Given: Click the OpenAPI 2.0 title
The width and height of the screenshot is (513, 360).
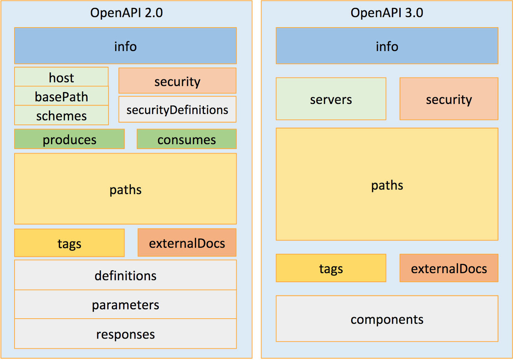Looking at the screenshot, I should (x=126, y=13).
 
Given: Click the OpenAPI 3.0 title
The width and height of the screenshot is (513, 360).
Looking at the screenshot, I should (x=387, y=13).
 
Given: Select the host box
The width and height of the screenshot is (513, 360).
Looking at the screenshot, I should (x=62, y=77).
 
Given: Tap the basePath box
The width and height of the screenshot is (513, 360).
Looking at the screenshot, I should (x=62, y=96).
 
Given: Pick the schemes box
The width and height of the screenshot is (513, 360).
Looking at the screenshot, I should (x=62, y=116).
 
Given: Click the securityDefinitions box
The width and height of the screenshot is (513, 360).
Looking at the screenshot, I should (x=177, y=110).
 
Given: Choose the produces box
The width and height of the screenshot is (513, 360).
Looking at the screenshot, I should (x=69, y=139).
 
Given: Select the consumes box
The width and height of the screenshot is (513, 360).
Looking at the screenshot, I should (x=187, y=139).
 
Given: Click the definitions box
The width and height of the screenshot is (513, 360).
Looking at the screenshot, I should (x=125, y=275).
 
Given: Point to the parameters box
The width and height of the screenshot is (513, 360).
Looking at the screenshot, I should (x=125, y=304).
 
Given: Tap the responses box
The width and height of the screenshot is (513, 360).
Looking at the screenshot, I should (x=125, y=334).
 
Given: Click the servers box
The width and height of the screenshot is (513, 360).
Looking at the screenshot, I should (x=331, y=99).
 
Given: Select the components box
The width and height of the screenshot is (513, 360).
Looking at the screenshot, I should (x=387, y=319).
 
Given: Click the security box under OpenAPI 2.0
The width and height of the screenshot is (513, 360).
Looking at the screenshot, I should (x=177, y=81).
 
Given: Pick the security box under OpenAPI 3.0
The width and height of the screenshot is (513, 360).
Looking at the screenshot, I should (x=449, y=99).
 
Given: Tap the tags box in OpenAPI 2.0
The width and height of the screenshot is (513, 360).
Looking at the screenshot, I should (x=69, y=243).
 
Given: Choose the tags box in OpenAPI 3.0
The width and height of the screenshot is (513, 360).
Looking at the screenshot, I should (x=331, y=268).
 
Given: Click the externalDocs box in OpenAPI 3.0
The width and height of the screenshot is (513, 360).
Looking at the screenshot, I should (x=449, y=268).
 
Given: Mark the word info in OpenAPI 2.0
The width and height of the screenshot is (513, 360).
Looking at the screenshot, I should (x=125, y=46).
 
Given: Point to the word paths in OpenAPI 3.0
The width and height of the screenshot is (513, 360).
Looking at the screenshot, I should (x=387, y=185).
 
